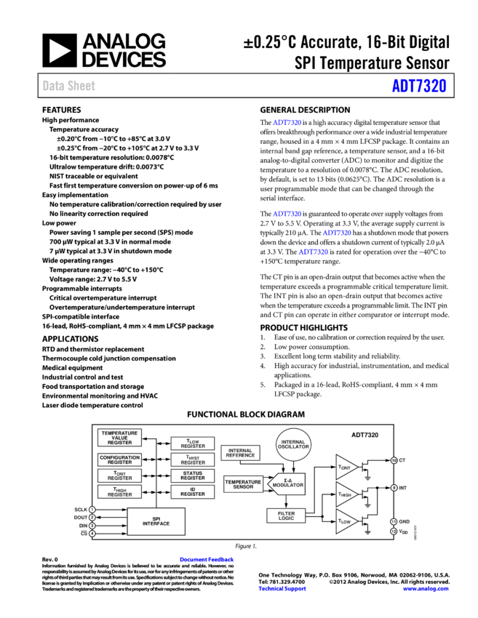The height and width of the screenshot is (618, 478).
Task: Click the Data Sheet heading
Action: [x=68, y=86]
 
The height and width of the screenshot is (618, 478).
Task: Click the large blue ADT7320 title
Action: [x=419, y=86]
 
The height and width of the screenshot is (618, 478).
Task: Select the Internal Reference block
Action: [x=240, y=453]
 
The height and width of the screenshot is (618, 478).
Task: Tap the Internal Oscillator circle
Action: [x=293, y=444]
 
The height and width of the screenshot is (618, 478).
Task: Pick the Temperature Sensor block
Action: [x=243, y=483]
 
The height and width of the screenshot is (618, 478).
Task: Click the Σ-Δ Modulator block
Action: [x=287, y=483]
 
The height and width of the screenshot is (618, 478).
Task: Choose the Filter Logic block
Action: [x=286, y=515]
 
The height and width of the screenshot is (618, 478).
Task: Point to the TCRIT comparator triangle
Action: [x=345, y=467]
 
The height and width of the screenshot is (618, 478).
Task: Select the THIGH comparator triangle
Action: [x=345, y=494]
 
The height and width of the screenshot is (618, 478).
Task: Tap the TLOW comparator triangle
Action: [x=345, y=521]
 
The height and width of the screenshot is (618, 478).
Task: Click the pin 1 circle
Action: [x=92, y=510]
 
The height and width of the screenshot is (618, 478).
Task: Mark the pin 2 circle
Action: [x=92, y=518]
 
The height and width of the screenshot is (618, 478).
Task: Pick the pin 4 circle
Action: [x=92, y=534]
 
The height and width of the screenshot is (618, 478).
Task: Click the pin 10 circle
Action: [x=394, y=460]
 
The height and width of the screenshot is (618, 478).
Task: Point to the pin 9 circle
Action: [x=394, y=488]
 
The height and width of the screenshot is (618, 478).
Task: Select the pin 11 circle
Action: [x=394, y=521]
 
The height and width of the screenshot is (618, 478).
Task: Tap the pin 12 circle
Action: [x=394, y=531]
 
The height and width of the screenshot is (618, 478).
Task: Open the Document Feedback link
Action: [x=207, y=560]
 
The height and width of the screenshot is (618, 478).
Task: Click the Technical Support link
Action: [x=282, y=589]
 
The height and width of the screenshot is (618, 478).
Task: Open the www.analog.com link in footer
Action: [x=425, y=589]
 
